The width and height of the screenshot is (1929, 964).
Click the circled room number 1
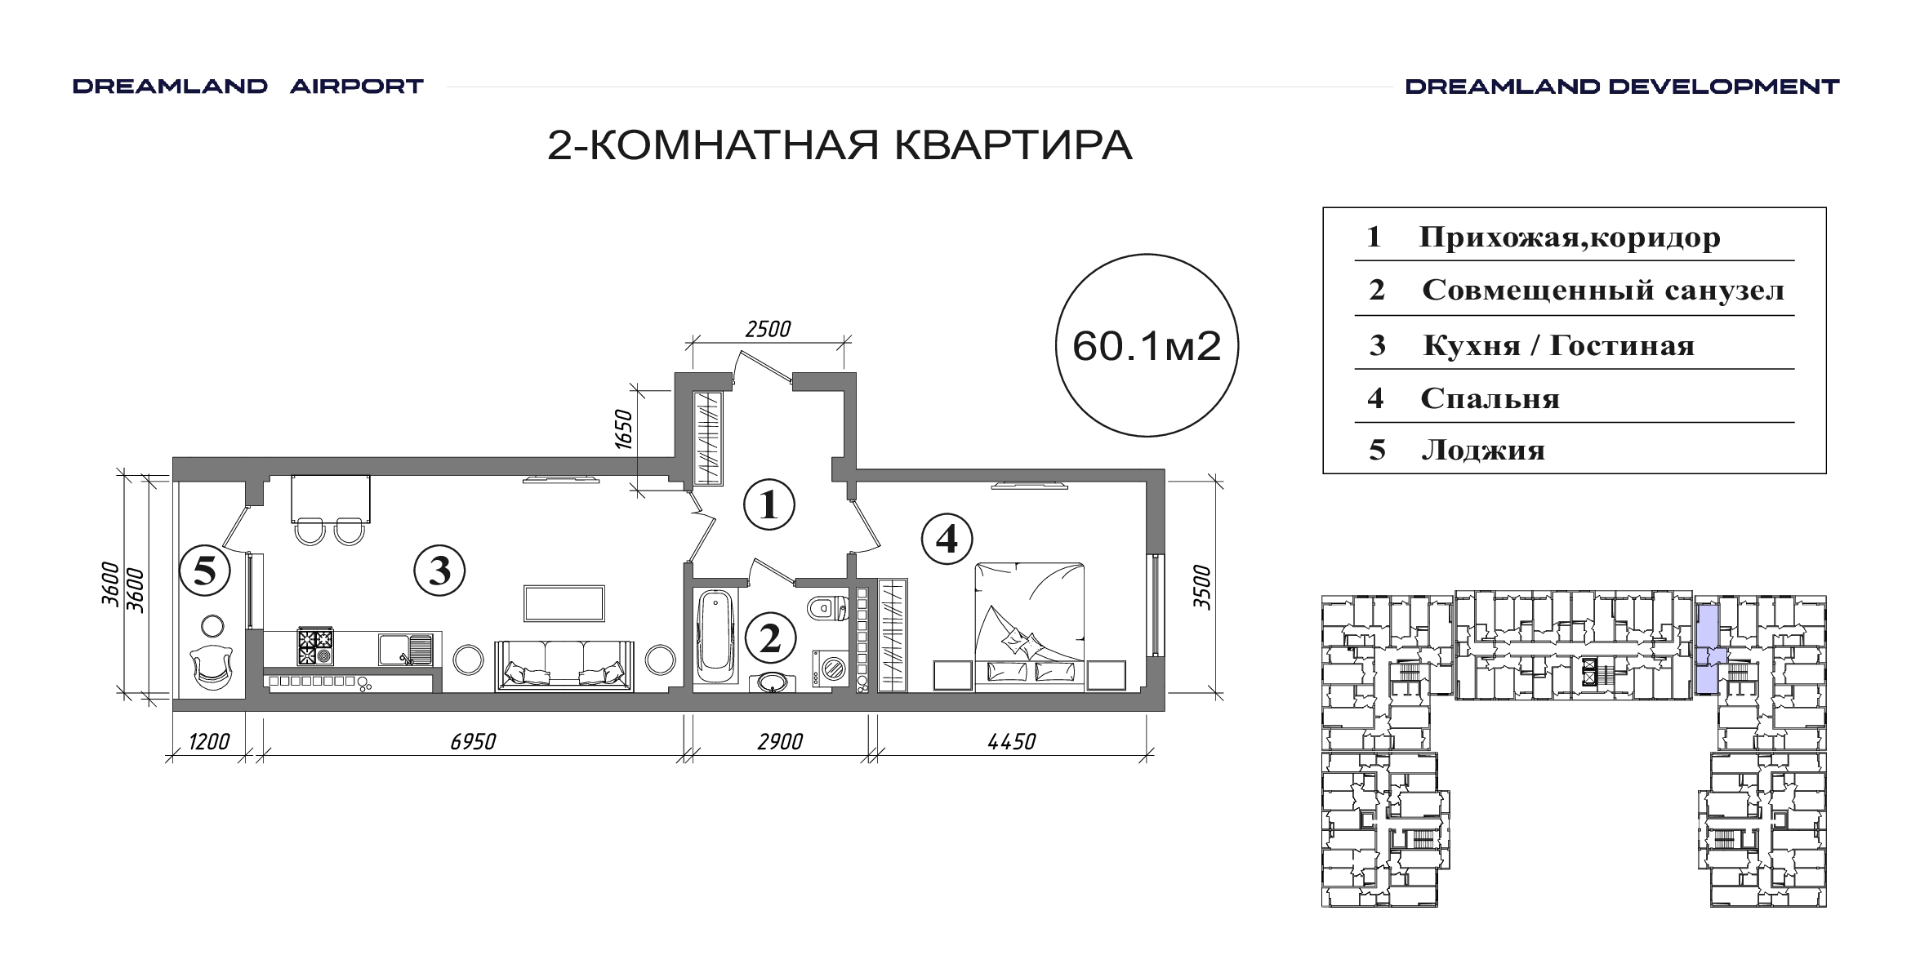pyautogui.click(x=768, y=505)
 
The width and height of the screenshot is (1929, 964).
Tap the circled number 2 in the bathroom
pyautogui.click(x=769, y=639)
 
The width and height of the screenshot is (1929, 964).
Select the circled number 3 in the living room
pyautogui.click(x=439, y=571)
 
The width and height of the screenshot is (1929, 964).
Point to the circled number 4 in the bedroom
pyautogui.click(x=947, y=538)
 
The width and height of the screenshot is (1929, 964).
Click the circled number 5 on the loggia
pyautogui.click(x=204, y=570)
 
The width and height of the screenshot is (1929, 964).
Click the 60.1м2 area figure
pyautogui.click(x=1147, y=346)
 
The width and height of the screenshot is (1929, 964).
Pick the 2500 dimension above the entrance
pyautogui.click(x=768, y=329)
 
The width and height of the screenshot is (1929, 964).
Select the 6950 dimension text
pyautogui.click(x=473, y=741)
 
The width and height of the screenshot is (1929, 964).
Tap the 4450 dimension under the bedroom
pyautogui.click(x=1011, y=741)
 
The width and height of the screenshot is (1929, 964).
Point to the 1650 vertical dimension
pyautogui.click(x=623, y=429)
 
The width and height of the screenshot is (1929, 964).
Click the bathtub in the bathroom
pyautogui.click(x=717, y=637)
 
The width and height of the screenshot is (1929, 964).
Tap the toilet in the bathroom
pyautogui.click(x=827, y=608)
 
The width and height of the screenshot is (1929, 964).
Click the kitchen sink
pyautogui.click(x=405, y=650)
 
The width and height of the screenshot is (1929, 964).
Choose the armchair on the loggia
pyautogui.click(x=211, y=668)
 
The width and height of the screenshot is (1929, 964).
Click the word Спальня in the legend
pyautogui.click(x=1490, y=398)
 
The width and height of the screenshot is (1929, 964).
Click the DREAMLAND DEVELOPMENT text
pyautogui.click(x=1622, y=87)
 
